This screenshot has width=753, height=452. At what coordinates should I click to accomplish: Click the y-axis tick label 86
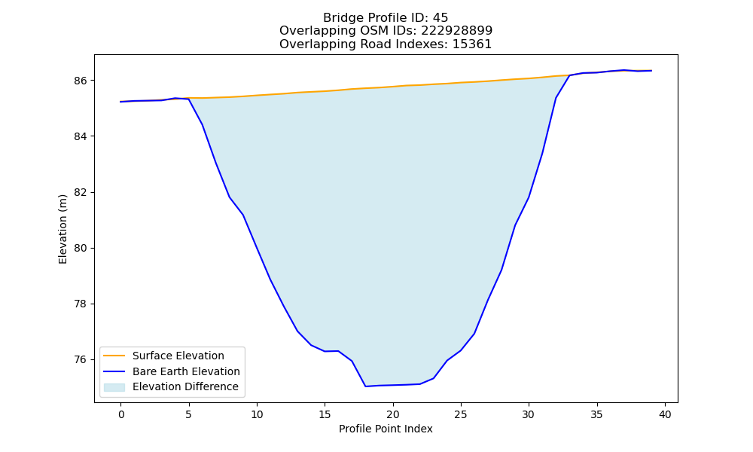81,81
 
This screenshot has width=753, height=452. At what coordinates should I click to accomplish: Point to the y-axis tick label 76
81,360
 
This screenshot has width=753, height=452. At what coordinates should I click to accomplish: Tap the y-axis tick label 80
81,249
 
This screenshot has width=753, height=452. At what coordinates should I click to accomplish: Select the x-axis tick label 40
665,414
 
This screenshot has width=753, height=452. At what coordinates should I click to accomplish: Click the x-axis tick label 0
121,414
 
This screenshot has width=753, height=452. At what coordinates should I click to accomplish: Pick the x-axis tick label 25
461,414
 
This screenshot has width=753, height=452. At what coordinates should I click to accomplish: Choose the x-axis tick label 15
325,414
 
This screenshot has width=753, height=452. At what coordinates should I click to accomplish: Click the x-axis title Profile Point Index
386,429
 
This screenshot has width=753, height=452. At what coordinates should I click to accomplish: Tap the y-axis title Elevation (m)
63,229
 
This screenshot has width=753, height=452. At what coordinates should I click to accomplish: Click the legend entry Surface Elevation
178,356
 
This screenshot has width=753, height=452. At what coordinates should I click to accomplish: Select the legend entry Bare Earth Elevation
186,371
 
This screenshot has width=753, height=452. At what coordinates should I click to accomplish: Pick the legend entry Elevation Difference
185,386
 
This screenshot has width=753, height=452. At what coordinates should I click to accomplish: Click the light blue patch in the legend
114,387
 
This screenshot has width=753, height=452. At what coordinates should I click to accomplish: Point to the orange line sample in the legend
114,356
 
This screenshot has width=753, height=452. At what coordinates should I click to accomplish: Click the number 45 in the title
441,18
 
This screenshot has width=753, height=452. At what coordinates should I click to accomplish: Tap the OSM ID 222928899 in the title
457,31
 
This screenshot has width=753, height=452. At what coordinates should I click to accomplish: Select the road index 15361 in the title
472,44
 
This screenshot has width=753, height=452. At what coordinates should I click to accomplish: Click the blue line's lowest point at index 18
365,386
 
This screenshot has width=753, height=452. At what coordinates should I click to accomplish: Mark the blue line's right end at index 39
651,71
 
